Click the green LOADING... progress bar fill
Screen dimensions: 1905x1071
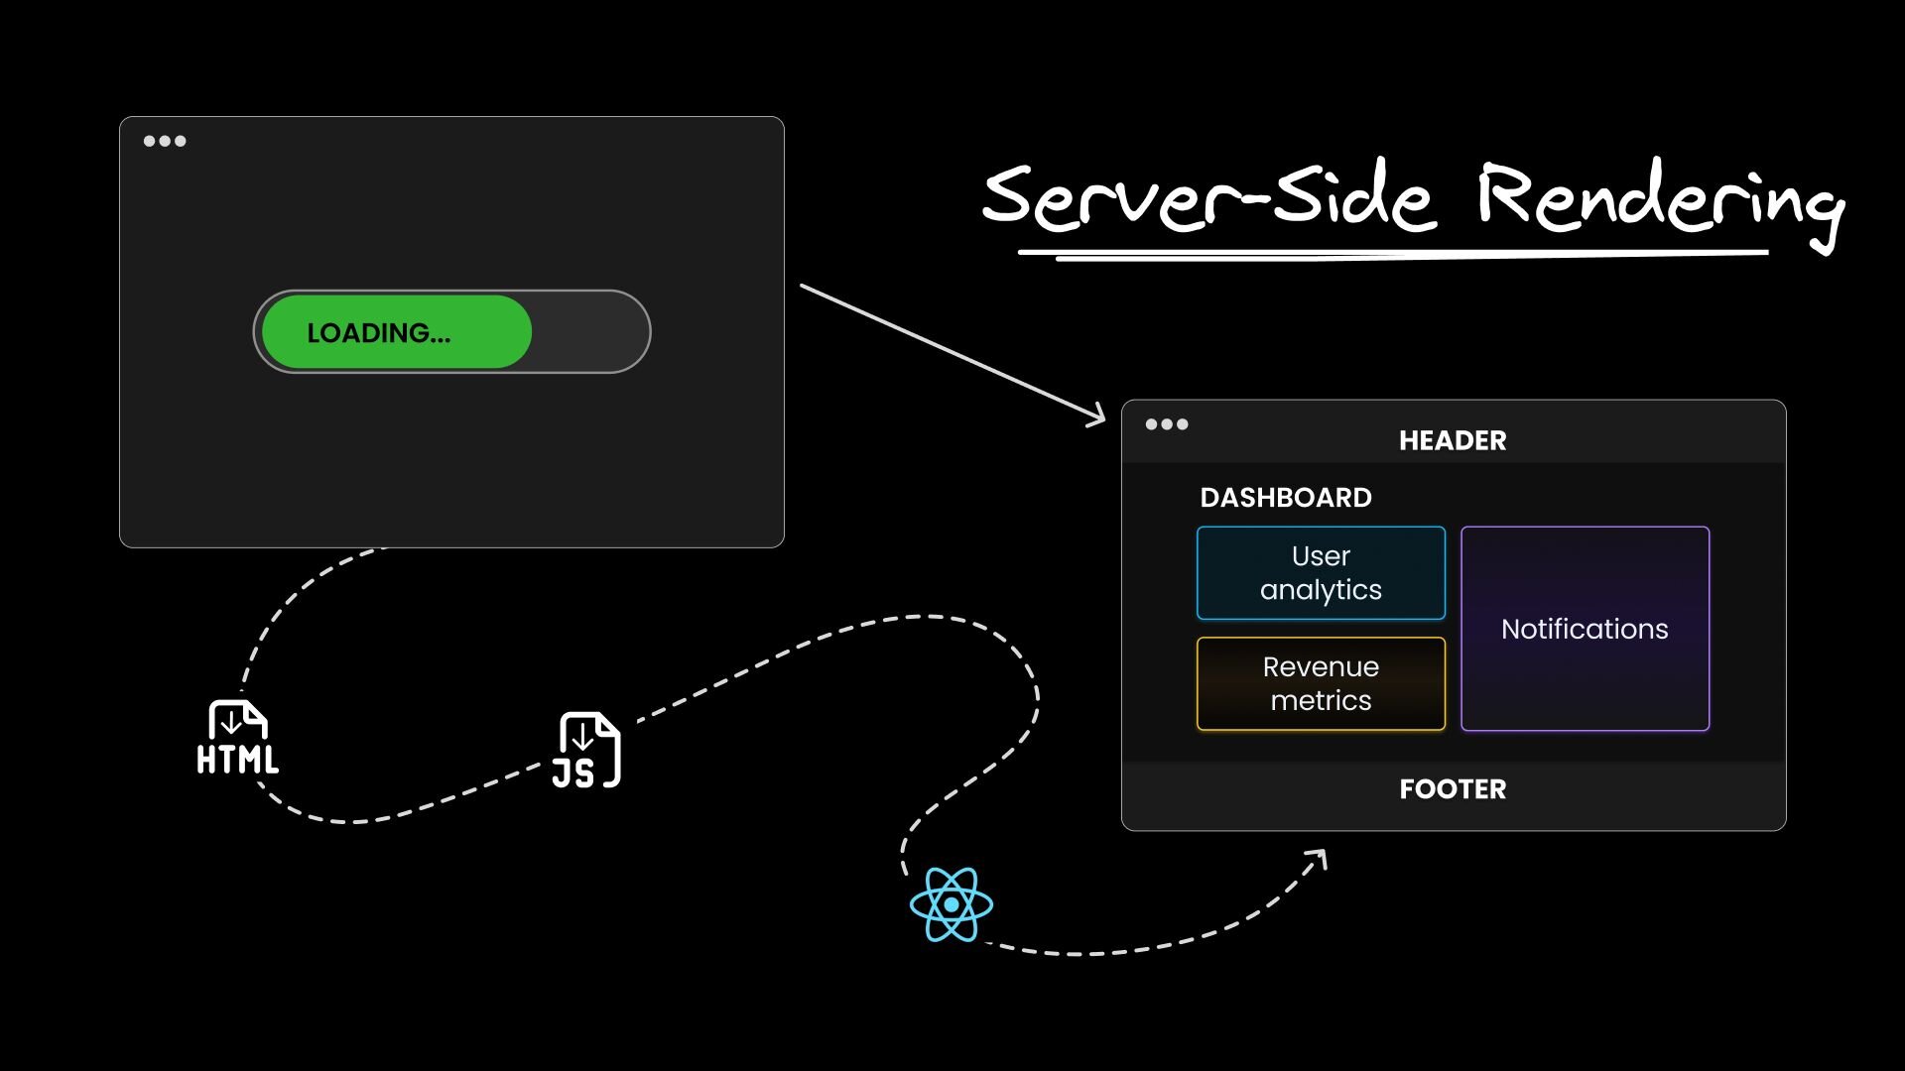(397, 332)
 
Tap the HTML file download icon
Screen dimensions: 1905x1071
(237, 737)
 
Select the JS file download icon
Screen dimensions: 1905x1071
(586, 750)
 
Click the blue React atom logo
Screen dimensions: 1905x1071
(952, 904)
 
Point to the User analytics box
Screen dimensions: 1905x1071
(1321, 573)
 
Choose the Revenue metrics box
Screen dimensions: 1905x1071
(1321, 684)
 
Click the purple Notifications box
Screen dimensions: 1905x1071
(1585, 629)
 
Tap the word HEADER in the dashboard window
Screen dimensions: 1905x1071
(1453, 440)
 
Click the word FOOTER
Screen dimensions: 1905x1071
(1453, 789)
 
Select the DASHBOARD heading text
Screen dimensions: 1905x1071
(1286, 498)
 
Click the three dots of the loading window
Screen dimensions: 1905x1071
(165, 141)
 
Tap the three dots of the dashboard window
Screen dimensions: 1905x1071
(1167, 424)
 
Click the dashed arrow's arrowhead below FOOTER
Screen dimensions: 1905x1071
(1317, 859)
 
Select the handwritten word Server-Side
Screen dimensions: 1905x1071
(1208, 197)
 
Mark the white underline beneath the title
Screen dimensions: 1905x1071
(1393, 255)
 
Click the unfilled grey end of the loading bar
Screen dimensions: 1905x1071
(590, 332)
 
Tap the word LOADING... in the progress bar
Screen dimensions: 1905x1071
(379, 333)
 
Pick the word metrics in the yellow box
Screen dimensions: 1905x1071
(1321, 701)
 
